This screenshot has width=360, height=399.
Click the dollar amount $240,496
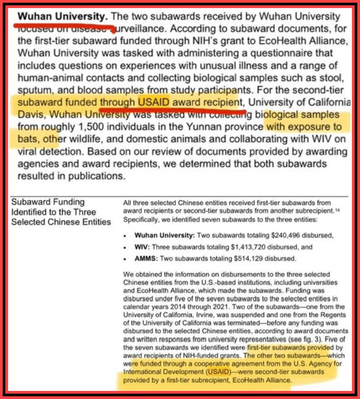(x=272, y=235)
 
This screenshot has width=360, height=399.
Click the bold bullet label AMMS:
(x=146, y=259)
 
